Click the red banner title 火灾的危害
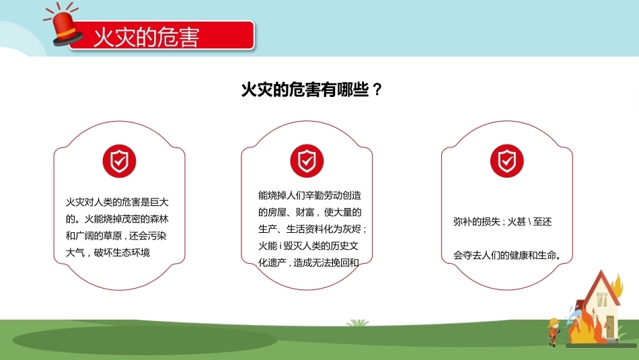[x=147, y=37]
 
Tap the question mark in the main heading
[x=377, y=89]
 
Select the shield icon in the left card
[x=120, y=161]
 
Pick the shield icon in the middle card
[x=307, y=161]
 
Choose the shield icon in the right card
[x=507, y=161]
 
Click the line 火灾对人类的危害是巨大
[x=117, y=203]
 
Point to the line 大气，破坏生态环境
[x=108, y=253]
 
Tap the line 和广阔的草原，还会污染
[x=116, y=236]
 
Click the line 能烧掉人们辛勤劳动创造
[x=309, y=195]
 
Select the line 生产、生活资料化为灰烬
[x=312, y=229]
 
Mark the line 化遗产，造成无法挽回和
[x=309, y=263]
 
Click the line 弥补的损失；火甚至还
[x=502, y=222]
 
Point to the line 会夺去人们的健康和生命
[x=507, y=256]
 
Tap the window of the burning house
[x=602, y=299]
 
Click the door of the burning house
[x=610, y=326]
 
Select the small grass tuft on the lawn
[x=357, y=323]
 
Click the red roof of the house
[x=601, y=285]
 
